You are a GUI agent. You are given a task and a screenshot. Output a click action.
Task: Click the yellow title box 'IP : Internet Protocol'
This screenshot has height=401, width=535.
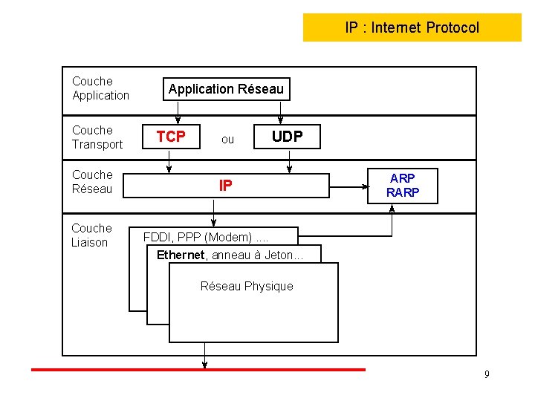point(412,27)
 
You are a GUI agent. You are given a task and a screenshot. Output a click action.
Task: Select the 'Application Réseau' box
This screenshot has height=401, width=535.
point(226,89)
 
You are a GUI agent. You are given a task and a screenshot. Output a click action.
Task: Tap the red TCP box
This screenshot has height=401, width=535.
point(171,137)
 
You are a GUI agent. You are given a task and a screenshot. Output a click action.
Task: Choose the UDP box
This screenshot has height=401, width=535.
point(287,137)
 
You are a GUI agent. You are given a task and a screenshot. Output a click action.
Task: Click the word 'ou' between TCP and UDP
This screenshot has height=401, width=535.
point(227,139)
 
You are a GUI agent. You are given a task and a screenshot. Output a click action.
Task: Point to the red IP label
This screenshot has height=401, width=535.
point(225,186)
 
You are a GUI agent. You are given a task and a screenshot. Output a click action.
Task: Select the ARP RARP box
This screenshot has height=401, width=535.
point(403,186)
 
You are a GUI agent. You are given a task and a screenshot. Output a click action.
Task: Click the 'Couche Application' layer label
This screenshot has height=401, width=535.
point(100,88)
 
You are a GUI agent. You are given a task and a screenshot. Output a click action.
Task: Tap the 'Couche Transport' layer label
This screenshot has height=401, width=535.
point(97,137)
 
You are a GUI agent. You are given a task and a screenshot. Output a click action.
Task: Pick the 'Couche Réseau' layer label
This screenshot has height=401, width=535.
point(92,182)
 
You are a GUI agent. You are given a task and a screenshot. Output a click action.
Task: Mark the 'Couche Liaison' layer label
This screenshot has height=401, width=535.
point(91,235)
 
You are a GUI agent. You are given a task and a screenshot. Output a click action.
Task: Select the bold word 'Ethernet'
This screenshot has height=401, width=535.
point(180,255)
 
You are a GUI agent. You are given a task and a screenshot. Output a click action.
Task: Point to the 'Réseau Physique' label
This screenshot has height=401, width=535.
point(247,286)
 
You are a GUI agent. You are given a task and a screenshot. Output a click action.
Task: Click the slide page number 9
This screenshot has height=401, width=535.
point(487,374)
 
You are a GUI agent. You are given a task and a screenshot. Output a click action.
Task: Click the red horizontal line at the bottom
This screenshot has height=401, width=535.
point(198,369)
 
